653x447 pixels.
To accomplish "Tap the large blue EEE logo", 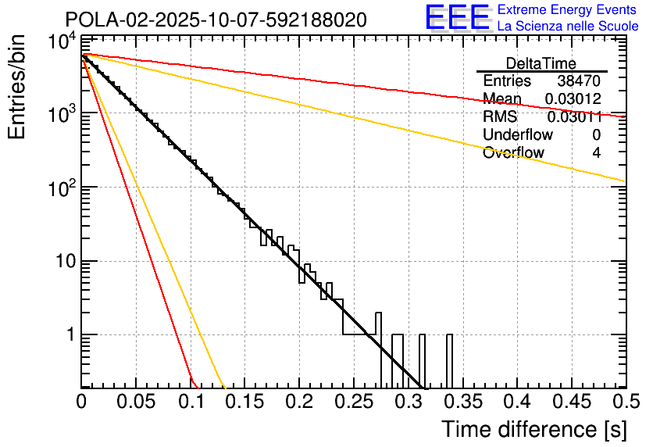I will (457, 17).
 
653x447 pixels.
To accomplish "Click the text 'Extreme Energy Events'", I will (568, 10).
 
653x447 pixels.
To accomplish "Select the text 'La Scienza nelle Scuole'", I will (568, 26).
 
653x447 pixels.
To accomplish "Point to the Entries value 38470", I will (579, 81).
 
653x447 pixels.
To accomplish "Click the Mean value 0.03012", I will (572, 99).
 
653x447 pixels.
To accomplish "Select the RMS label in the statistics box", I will (500, 117).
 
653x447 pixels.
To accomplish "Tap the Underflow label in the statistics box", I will (517, 135).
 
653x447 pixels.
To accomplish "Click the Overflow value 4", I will (596, 153).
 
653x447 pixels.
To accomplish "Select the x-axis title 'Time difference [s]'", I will (533, 429).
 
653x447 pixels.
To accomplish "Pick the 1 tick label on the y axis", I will (69, 335).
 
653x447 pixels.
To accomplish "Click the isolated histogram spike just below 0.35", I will (449, 359).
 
